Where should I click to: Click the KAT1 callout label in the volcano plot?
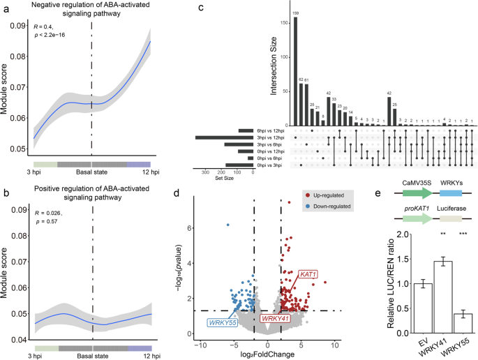[x=309, y=275]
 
